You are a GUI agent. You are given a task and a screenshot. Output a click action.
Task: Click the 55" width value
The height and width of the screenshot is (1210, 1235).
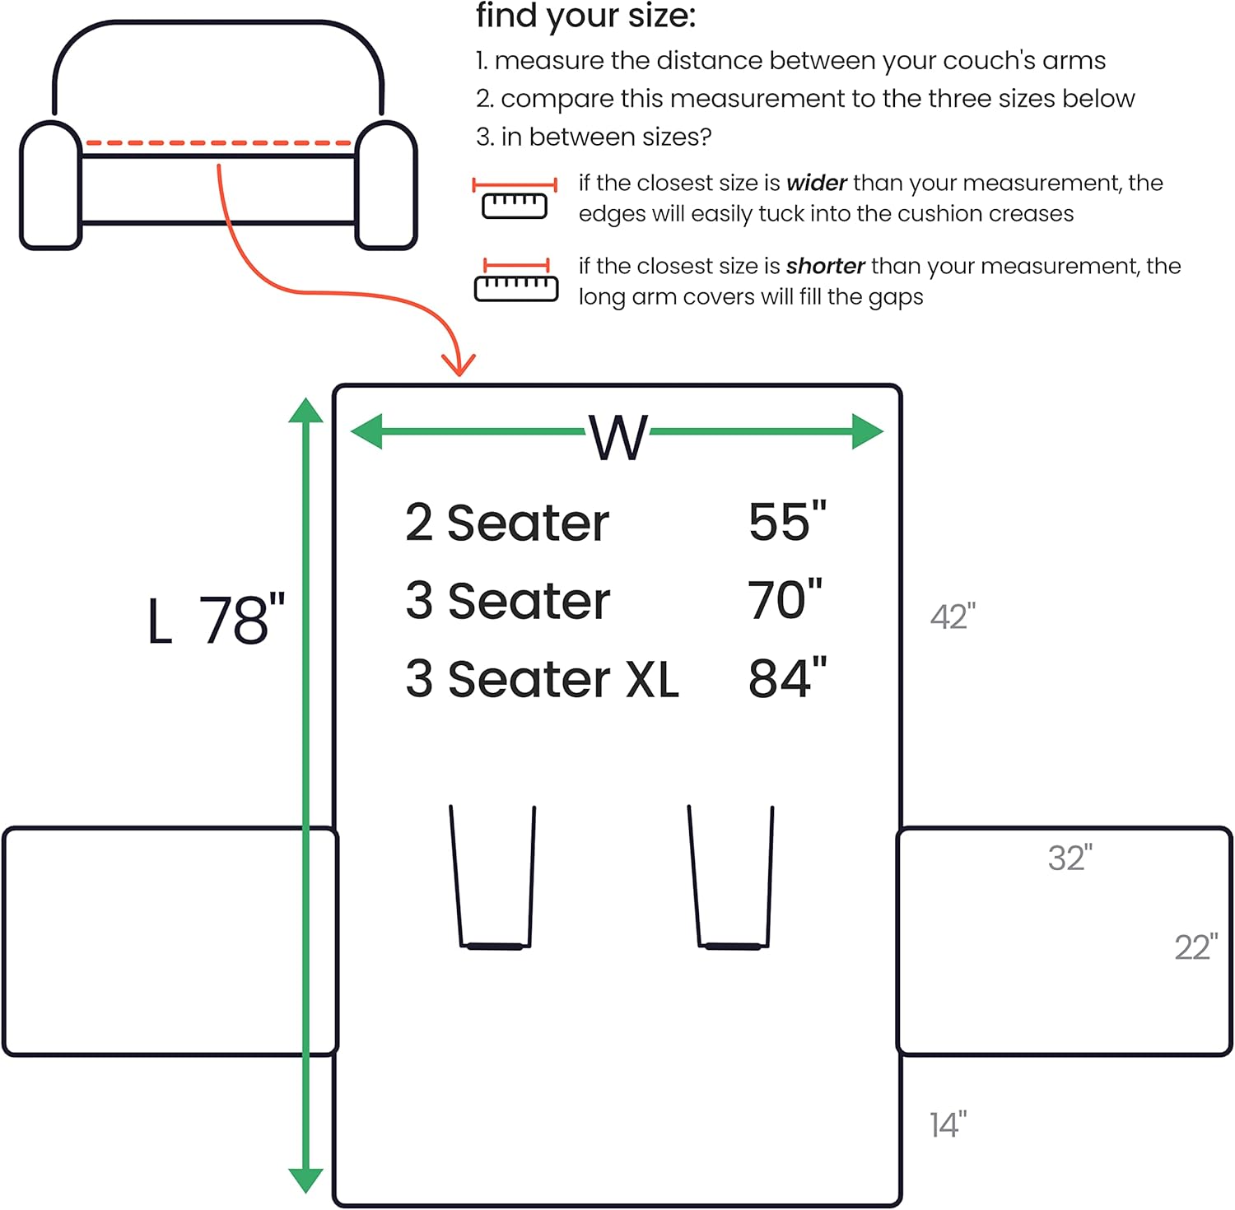[x=787, y=522]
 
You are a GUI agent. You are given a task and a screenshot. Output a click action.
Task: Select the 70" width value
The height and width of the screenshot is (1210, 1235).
[x=785, y=599]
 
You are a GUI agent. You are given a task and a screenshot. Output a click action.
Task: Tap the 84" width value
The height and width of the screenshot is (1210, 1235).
[x=787, y=678]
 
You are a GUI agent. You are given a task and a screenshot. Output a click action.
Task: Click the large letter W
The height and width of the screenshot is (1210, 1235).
[x=618, y=437]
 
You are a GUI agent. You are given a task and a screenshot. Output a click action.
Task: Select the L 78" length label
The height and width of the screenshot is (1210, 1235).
[x=217, y=619]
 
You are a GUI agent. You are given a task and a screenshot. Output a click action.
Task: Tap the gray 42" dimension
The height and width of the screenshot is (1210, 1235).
[x=953, y=617]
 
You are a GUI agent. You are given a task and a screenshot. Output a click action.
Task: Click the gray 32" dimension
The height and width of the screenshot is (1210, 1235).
[x=1070, y=858]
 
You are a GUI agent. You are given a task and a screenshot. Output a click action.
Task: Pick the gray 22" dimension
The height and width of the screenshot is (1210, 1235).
[x=1196, y=947]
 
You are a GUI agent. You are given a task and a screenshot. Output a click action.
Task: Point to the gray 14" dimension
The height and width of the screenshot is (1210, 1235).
[x=948, y=1124]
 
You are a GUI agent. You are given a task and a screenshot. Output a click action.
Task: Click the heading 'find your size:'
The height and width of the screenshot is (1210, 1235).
[x=585, y=16]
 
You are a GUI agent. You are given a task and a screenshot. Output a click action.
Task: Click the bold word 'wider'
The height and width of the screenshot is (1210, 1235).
[x=816, y=183]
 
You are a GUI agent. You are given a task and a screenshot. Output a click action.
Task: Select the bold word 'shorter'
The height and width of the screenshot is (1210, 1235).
[x=825, y=266]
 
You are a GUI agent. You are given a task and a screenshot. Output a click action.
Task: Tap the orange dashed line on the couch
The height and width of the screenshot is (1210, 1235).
[x=218, y=143]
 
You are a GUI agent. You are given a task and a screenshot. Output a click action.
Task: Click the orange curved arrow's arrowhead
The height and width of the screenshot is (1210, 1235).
[x=458, y=363]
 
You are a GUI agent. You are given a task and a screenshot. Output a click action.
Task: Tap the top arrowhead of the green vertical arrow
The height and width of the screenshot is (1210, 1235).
[x=305, y=410]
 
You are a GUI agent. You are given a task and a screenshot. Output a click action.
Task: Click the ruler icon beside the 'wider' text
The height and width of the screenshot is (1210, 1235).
[x=515, y=198]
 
